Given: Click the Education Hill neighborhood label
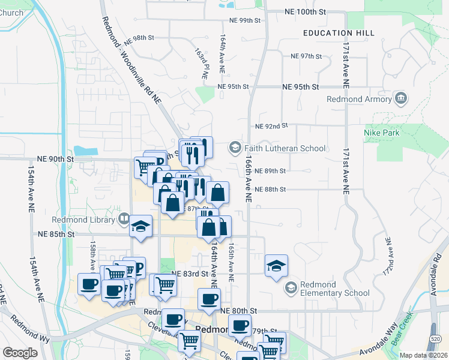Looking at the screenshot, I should point(339,33).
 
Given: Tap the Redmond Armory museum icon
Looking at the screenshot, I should point(401,98).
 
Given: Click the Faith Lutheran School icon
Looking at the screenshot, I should point(234,148).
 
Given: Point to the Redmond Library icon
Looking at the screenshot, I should point(124,219).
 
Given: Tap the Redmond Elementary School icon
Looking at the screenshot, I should point(291,287).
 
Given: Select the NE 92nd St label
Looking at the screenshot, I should point(271,127).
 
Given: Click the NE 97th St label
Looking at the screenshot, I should point(306,56).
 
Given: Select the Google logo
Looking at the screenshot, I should point(20,353).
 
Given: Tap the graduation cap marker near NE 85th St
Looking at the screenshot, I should point(141,226).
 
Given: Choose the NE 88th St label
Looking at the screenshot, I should point(270,189).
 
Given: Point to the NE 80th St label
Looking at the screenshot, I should point(238,311).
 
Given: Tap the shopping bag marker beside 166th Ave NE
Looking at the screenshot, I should point(218,192).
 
